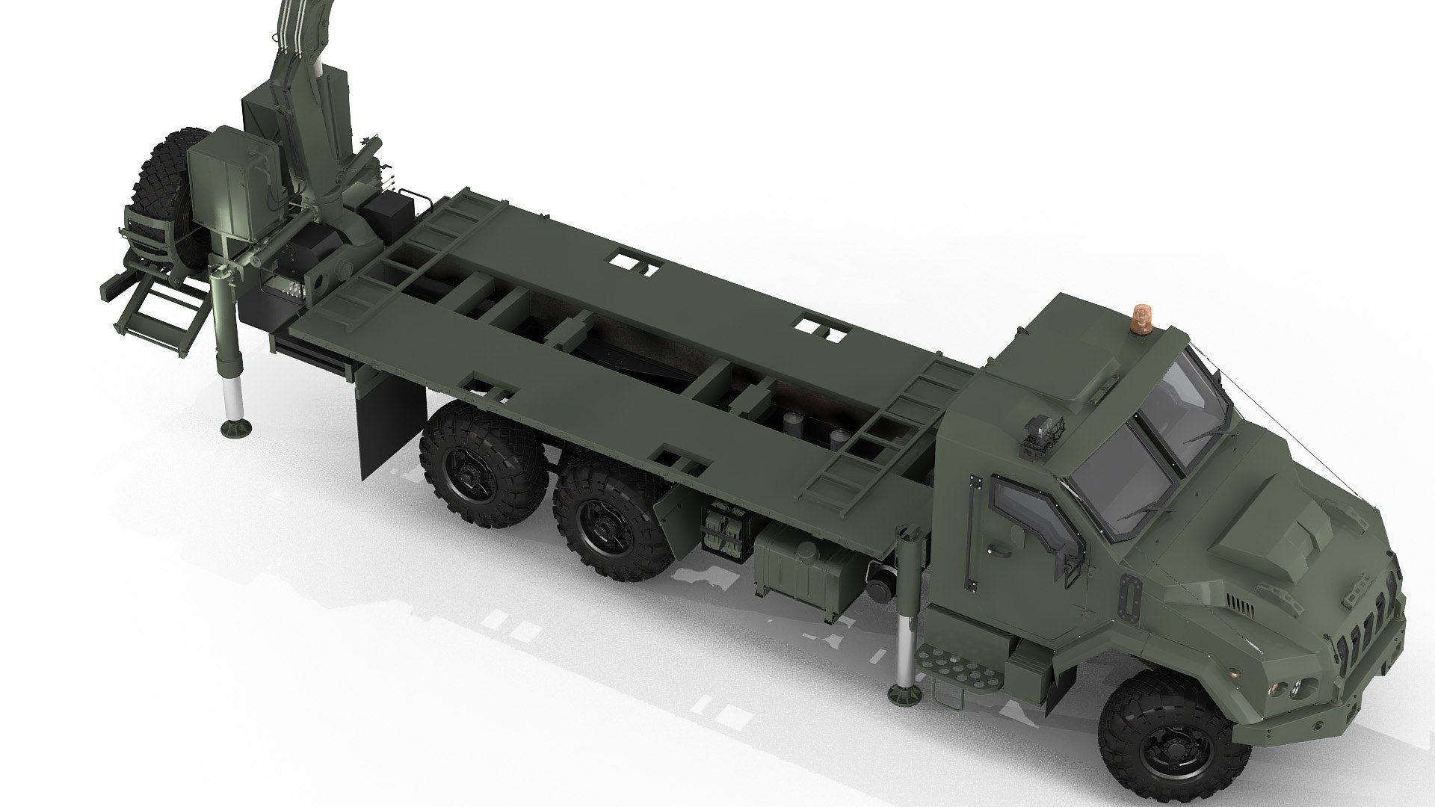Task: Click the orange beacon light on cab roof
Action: point(1143,317)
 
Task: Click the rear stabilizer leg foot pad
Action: point(235,428)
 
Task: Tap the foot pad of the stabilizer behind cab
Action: point(905,693)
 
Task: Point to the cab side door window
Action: point(1031,515)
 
